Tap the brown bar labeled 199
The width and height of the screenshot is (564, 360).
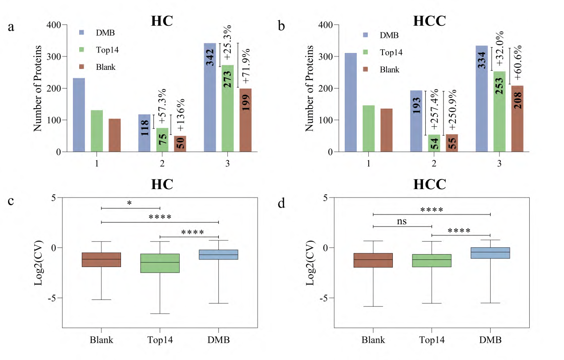[x=245, y=120]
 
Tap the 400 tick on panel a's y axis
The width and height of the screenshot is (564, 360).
[x=55, y=25]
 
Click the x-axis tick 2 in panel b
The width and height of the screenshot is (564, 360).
[x=434, y=163]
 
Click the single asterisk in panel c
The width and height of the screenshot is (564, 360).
[x=129, y=203]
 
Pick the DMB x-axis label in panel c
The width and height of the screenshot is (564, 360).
[x=218, y=340]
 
